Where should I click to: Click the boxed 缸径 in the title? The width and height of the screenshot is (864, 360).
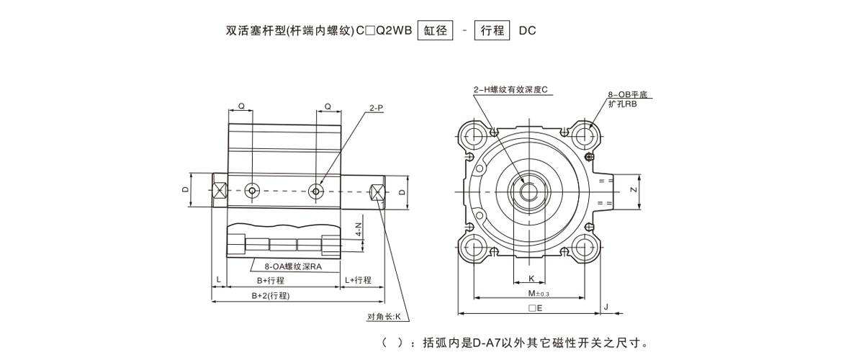pyautogui.click(x=435, y=31)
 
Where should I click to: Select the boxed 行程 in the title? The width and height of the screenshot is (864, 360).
pyautogui.click(x=492, y=31)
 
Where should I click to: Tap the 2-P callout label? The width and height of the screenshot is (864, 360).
pyautogui.click(x=376, y=108)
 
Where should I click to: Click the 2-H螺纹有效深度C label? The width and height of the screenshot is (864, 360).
pyautogui.click(x=511, y=89)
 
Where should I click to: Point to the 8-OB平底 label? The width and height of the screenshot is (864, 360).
pyautogui.click(x=629, y=95)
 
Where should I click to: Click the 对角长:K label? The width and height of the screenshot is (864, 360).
pyautogui.click(x=387, y=317)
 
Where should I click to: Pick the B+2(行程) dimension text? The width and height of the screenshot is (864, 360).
pyautogui.click(x=271, y=295)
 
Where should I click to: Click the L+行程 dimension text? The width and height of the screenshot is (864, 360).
pyautogui.click(x=358, y=280)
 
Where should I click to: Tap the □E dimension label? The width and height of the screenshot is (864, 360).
pyautogui.click(x=535, y=307)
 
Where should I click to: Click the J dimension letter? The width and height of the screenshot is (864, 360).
pyautogui.click(x=607, y=307)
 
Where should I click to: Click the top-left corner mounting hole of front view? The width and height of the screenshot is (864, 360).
pyautogui.click(x=474, y=134)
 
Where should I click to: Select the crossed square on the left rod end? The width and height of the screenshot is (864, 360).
pyautogui.click(x=220, y=191)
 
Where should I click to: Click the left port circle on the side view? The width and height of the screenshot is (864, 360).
pyautogui.click(x=252, y=191)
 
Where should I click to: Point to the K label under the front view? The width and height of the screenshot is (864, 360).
pyautogui.click(x=531, y=278)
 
